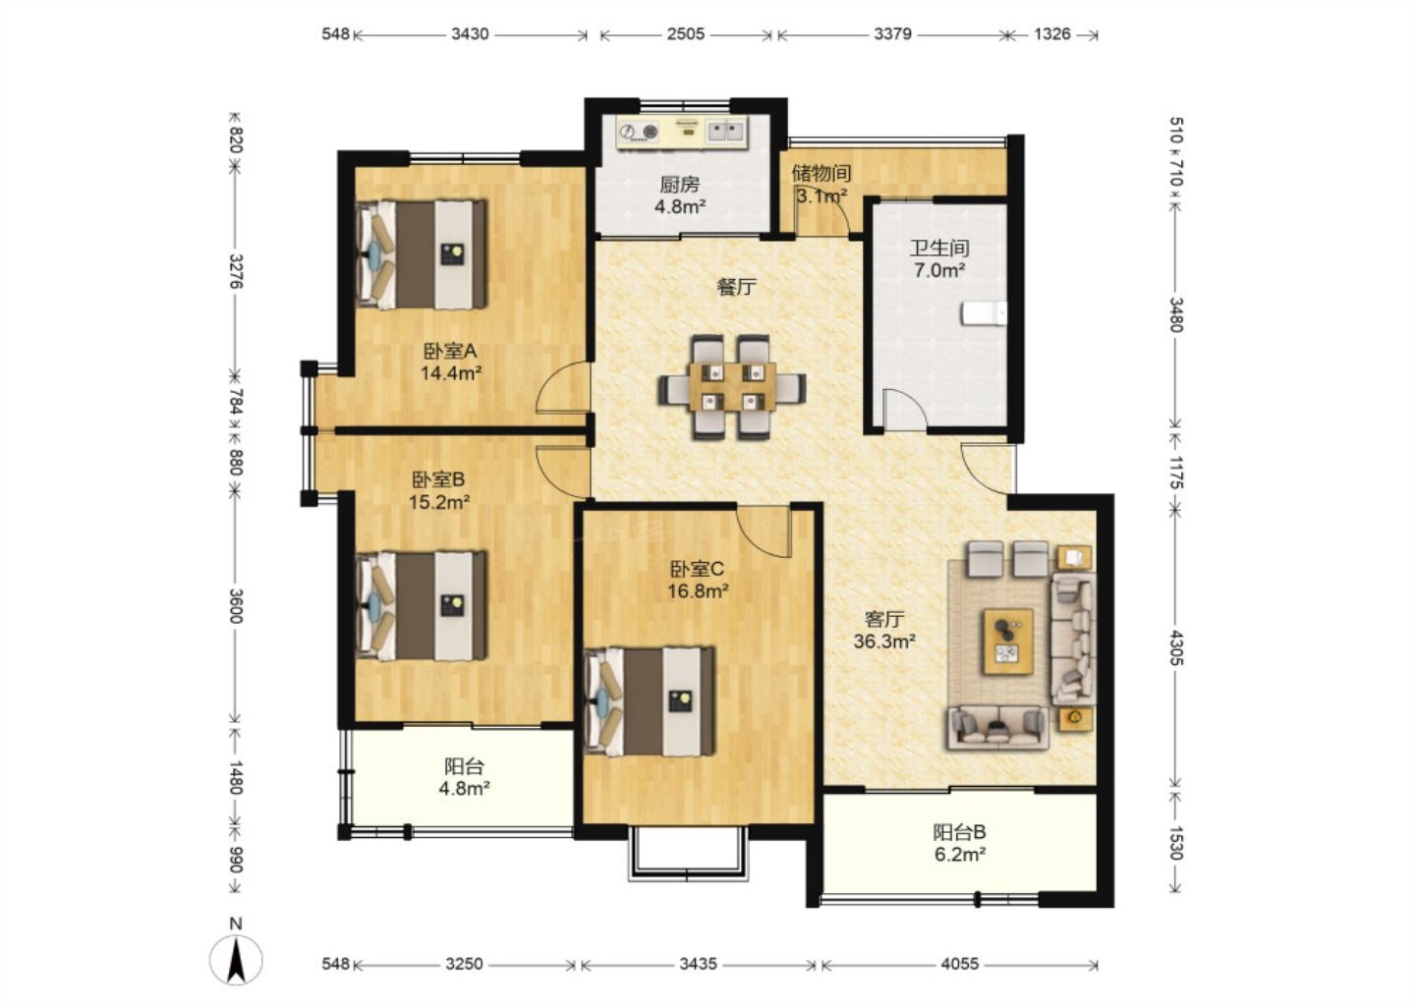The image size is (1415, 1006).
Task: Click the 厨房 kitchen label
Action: coord(680,185)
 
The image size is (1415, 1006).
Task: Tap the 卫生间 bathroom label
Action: coord(939,249)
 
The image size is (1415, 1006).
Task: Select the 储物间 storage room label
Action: coord(821,173)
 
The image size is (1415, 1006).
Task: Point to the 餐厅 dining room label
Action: coord(737,287)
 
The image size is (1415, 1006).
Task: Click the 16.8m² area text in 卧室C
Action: coord(698,591)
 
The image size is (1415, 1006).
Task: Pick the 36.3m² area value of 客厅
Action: coord(884,642)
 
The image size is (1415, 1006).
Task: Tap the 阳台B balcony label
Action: coord(959,832)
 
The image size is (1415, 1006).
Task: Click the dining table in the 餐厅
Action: coord(732,386)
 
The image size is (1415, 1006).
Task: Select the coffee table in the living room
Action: coord(1007,642)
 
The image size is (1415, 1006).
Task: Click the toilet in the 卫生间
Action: coord(985,313)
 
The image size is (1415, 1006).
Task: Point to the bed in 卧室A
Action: coord(422,254)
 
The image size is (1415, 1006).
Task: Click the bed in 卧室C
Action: coord(650,701)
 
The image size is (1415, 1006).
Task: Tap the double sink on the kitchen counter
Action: coord(724,132)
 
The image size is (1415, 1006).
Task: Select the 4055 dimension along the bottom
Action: coord(959,965)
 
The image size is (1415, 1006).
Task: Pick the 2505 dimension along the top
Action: coord(686,34)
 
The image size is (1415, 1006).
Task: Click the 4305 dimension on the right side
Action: coord(1175,647)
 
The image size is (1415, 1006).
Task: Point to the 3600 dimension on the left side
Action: coord(236,605)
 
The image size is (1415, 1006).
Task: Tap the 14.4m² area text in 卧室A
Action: coord(451,372)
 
